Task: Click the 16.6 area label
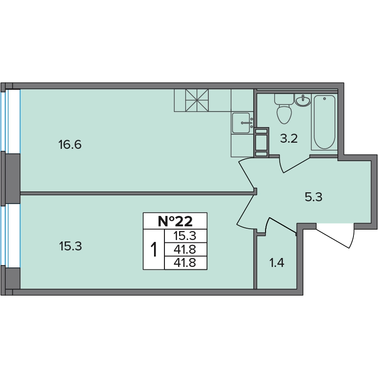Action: point(70,145)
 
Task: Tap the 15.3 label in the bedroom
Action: point(70,246)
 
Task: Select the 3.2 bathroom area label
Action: point(289,139)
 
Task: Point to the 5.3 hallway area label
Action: point(313,197)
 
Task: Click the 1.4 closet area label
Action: point(277,263)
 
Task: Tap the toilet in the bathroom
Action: point(284,109)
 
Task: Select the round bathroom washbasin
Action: point(303,100)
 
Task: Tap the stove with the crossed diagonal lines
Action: point(197,100)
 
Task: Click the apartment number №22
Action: point(175,221)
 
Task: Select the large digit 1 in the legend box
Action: point(154,249)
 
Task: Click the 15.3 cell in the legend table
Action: point(185,236)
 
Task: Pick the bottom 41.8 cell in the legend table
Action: point(185,263)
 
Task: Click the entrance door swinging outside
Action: point(335,235)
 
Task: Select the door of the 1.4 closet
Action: point(281,226)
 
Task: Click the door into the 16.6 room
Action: point(246,172)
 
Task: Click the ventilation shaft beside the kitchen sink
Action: point(261,142)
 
